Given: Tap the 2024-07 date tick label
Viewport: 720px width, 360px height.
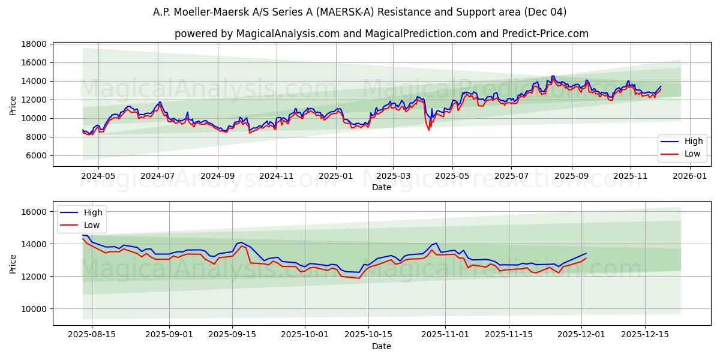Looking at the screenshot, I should coord(158,176).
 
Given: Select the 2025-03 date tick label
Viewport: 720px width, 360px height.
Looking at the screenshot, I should coord(394,176).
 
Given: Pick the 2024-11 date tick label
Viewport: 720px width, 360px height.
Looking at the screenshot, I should coord(276,176).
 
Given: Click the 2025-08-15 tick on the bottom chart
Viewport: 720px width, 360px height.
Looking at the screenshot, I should coord(92,335).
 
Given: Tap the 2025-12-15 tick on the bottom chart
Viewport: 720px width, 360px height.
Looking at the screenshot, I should coord(645,335).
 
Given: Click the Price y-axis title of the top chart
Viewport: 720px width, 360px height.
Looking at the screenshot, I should coord(13,106).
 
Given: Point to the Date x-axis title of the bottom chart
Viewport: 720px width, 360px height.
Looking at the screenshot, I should coord(382,346).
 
